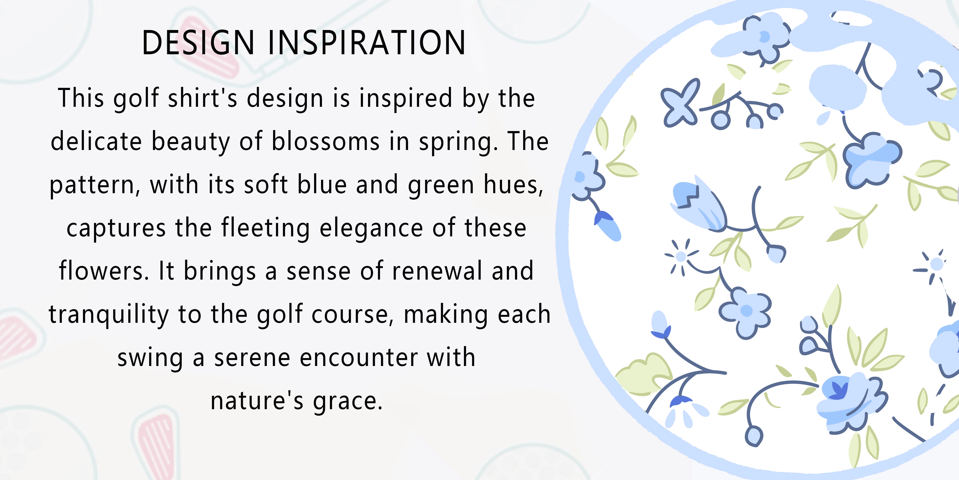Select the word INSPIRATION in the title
coord(367,43)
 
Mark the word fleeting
coord(265,228)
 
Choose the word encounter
coord(358,358)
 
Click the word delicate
coord(96,142)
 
